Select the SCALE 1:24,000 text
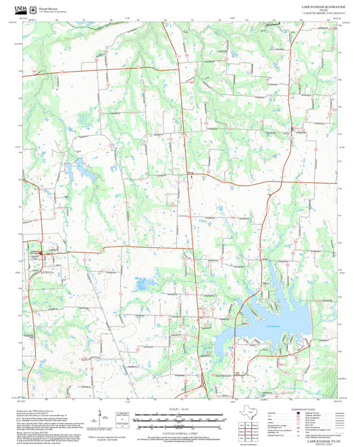(x=180, y=409)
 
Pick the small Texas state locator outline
(x=254, y=412)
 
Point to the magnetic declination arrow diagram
(x=99, y=417)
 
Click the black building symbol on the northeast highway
(x=291, y=128)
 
